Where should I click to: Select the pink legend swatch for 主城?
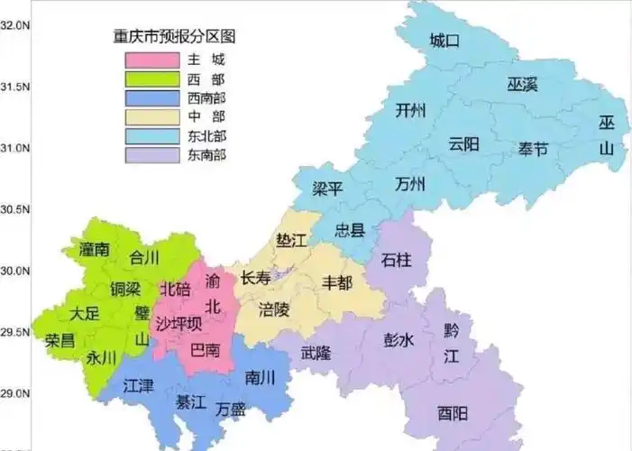151,60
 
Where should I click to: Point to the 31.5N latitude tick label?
16,87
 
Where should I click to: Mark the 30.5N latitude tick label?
16,209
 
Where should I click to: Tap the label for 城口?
444,41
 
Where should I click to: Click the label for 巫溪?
521,85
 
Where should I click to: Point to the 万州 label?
410,185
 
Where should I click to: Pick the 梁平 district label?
327,189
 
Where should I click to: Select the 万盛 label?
232,409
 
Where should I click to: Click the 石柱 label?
397,260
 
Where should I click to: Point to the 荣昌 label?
60,341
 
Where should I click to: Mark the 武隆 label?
316,352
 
